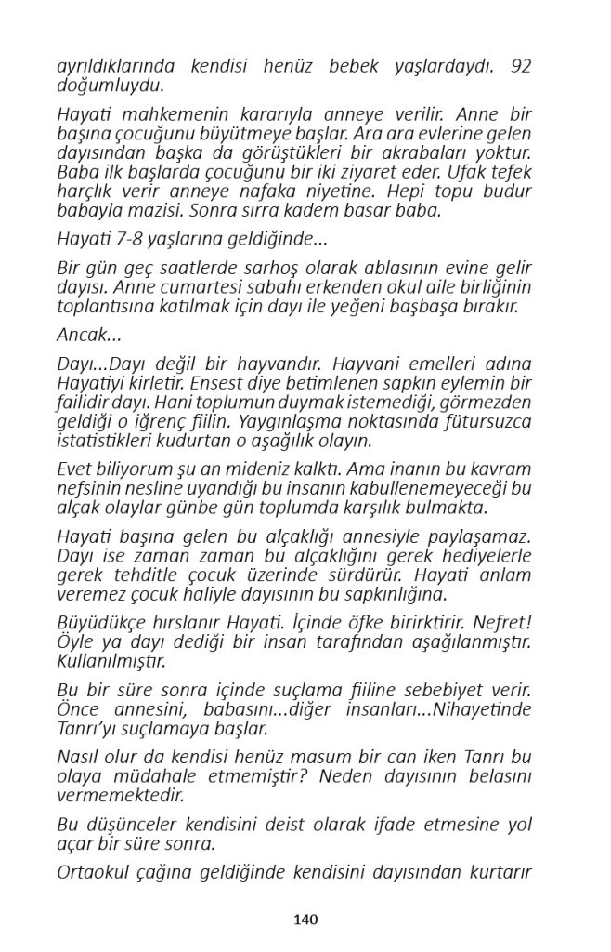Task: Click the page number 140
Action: point(305,919)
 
